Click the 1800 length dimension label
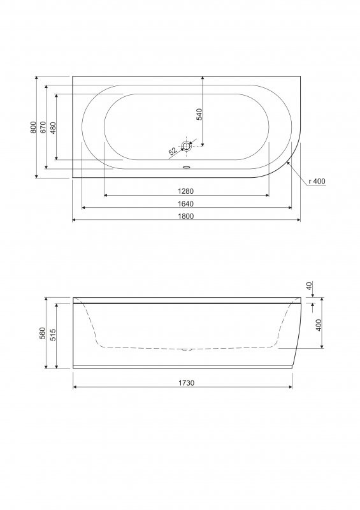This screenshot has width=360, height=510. click(x=185, y=215)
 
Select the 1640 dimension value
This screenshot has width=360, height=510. click(x=185, y=203)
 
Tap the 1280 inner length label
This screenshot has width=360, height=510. click(x=185, y=191)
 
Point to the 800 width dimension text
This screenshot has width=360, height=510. click(x=34, y=127)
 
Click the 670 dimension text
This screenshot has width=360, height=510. click(x=43, y=127)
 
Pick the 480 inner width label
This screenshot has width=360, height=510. click(x=53, y=127)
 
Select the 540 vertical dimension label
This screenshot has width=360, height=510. click(x=199, y=114)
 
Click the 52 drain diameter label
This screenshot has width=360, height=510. click(x=173, y=152)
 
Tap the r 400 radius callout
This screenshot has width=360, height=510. click(x=317, y=182)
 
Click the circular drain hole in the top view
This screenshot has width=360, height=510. click(x=187, y=147)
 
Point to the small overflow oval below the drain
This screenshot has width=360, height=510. click(x=187, y=168)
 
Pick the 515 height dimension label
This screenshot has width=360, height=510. click(x=53, y=336)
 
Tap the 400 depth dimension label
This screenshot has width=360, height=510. click(x=318, y=325)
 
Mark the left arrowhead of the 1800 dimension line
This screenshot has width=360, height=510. click(x=75, y=220)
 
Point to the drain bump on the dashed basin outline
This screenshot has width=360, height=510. click(x=185, y=349)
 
